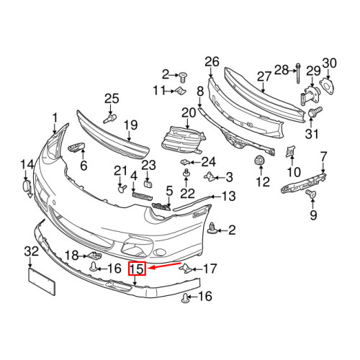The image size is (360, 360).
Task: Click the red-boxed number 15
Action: click(x=137, y=270)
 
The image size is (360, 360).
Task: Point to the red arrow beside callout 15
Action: click(x=163, y=266)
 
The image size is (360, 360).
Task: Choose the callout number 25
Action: click(x=111, y=98)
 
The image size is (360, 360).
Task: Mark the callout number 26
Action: click(x=211, y=61)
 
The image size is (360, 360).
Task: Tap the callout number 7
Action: click(x=323, y=156)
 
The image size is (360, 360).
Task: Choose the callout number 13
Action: click(x=228, y=195)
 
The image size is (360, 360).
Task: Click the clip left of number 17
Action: click(x=185, y=269)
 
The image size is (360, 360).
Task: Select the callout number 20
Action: click(x=189, y=112)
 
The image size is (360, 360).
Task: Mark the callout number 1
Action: click(x=54, y=118)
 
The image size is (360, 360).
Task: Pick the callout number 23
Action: click(x=148, y=166)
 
